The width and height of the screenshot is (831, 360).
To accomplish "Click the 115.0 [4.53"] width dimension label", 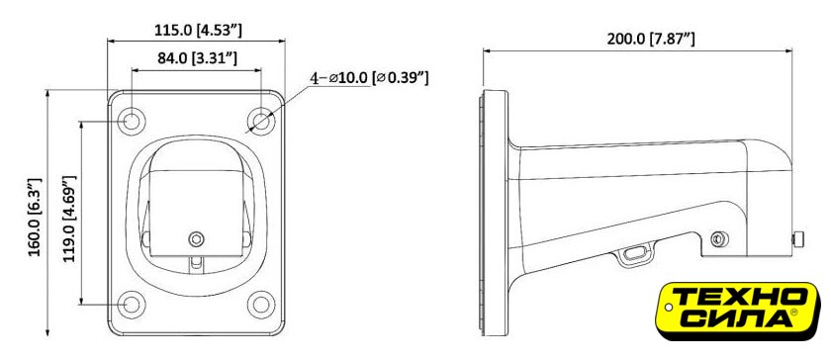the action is [198, 30].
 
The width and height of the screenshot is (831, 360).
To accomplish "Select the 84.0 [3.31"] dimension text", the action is [197, 57].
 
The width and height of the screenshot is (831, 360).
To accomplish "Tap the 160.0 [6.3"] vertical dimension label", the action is [34, 218].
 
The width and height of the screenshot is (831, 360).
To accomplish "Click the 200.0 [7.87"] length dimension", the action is [651, 39].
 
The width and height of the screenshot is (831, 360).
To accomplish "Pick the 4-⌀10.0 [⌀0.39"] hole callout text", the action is [369, 78].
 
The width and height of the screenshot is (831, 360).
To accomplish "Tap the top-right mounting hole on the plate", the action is [261, 122].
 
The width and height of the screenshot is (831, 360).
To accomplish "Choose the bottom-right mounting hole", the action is [261, 305].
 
